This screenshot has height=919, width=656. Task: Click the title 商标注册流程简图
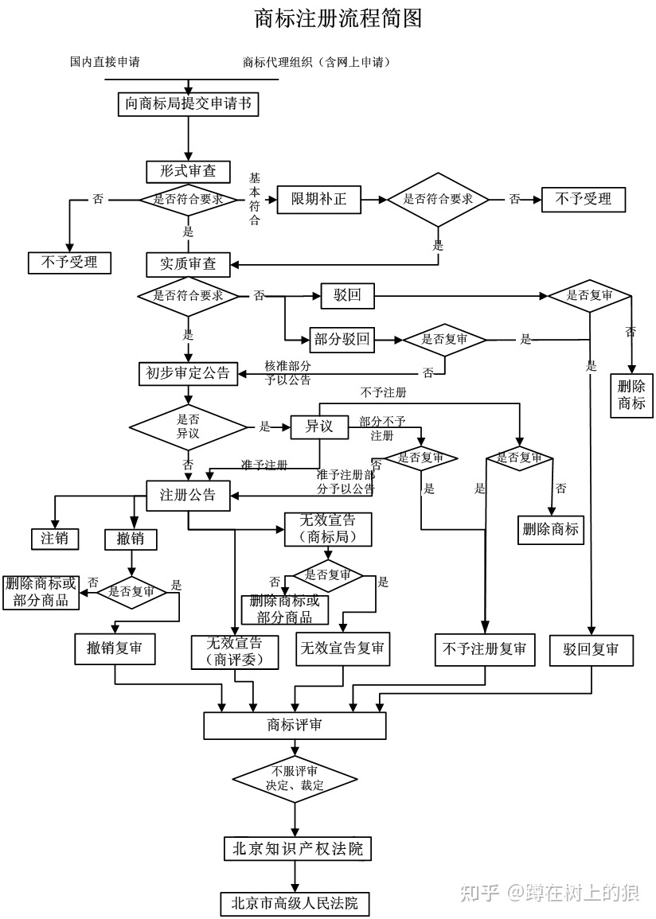click(x=338, y=18)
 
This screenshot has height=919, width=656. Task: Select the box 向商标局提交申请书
click(x=189, y=104)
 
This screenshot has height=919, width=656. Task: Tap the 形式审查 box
click(x=188, y=171)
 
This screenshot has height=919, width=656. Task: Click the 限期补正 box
click(x=318, y=199)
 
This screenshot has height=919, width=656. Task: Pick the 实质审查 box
click(x=188, y=263)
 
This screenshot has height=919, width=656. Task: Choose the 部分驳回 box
click(x=342, y=340)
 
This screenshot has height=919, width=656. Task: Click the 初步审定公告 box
click(x=188, y=372)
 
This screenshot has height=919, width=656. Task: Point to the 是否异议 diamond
click(x=188, y=428)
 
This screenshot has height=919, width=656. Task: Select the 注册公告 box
click(x=188, y=495)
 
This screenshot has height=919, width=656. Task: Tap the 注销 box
click(x=55, y=539)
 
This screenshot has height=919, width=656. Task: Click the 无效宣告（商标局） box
click(x=327, y=528)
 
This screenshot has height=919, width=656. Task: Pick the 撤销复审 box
click(x=115, y=648)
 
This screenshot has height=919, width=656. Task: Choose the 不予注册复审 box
click(x=484, y=649)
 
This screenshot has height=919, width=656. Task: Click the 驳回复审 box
click(x=591, y=649)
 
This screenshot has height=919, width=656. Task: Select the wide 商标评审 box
click(x=295, y=725)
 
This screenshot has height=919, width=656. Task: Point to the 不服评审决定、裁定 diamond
click(x=295, y=778)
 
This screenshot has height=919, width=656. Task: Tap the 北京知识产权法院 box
click(x=297, y=849)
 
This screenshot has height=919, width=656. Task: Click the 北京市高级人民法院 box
click(x=295, y=903)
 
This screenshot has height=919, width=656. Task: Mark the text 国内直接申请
click(x=105, y=61)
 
